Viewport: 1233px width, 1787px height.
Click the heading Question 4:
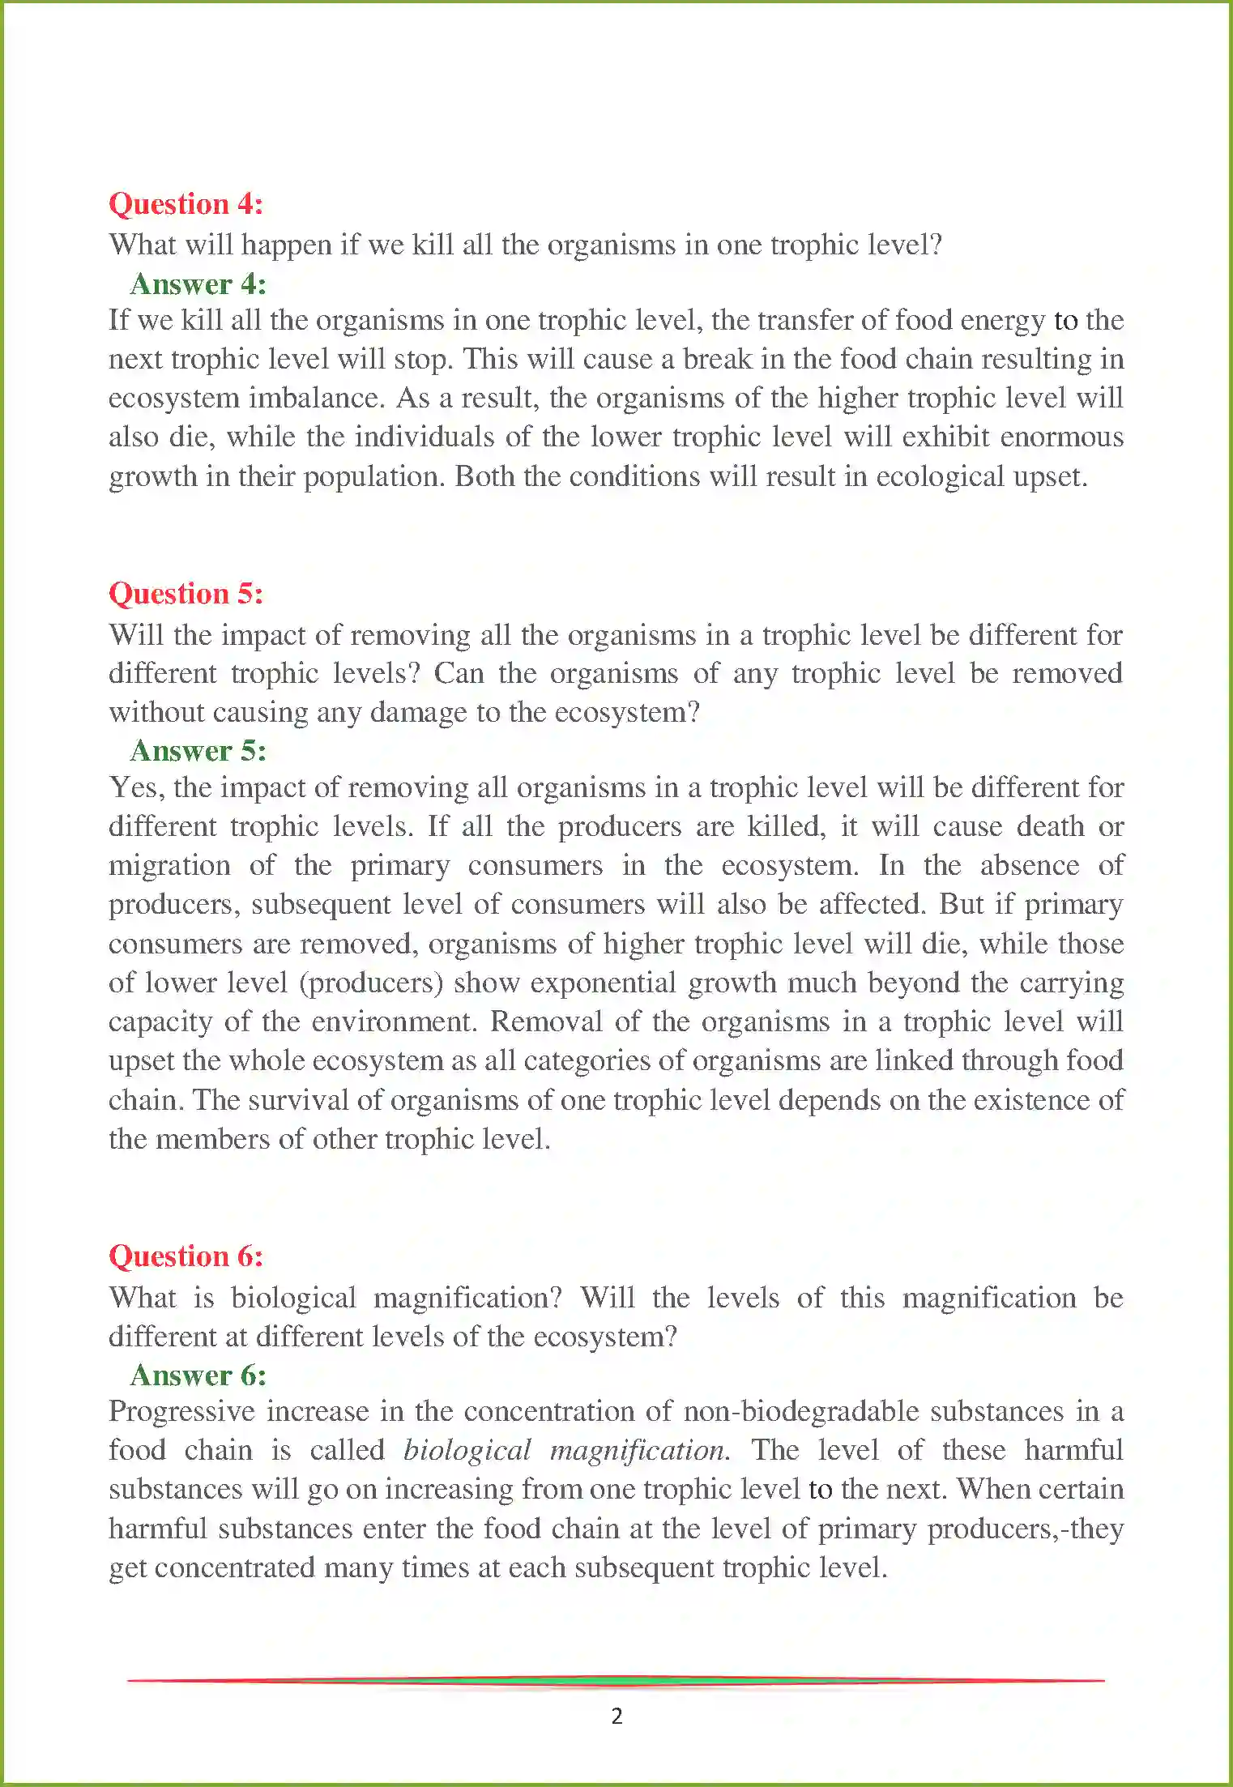[x=186, y=204]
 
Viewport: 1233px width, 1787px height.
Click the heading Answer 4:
[x=198, y=284]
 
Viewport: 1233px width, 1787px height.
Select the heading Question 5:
[x=186, y=594]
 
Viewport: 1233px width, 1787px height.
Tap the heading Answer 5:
[x=198, y=751]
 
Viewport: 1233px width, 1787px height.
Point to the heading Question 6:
[x=186, y=1256]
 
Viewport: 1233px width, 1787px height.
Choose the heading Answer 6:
[x=198, y=1375]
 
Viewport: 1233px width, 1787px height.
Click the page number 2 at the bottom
[x=616, y=1716]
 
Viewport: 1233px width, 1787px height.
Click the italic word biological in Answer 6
[x=467, y=1450]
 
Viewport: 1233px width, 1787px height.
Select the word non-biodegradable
[x=873, y=1411]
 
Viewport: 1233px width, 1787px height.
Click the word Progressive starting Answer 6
[x=182, y=1411]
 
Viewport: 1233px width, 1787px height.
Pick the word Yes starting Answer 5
[x=135, y=787]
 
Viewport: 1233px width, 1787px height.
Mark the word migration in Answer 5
[x=169, y=865]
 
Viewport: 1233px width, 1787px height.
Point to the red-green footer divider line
[x=616, y=1681]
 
